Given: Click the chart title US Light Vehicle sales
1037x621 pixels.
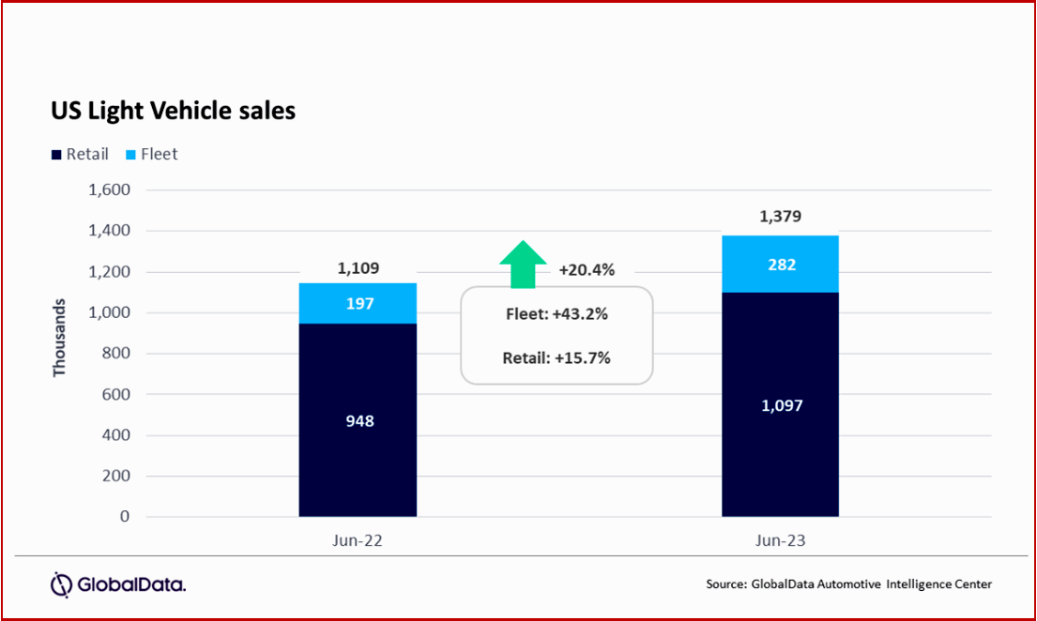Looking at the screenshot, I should coord(173,111).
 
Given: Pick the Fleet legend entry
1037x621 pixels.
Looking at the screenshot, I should coord(152,154).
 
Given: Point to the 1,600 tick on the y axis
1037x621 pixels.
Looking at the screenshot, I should coord(110,190).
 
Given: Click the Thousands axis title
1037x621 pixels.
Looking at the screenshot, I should coord(60,339).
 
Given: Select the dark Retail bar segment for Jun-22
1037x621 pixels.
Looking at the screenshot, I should coord(358,420).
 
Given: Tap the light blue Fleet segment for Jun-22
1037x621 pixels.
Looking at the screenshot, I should coord(358,303).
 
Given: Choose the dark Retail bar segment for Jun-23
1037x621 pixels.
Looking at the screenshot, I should coord(780,404).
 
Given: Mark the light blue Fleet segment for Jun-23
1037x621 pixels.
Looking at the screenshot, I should coord(780,264).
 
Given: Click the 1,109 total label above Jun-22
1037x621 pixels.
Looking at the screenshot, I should coord(358,269).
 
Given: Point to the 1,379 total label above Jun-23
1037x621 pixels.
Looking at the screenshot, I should coord(780,218).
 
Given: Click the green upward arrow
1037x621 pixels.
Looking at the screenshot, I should coord(522,264).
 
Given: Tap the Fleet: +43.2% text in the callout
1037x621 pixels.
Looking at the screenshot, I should coord(557,314).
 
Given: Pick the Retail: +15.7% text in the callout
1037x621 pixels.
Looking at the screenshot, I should coord(557,356).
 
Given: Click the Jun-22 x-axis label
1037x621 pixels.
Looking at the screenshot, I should coord(358,541).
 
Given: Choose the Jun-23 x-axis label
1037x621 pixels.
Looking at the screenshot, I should coord(780,541).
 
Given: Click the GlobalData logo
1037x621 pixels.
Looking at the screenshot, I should coord(118,584).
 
